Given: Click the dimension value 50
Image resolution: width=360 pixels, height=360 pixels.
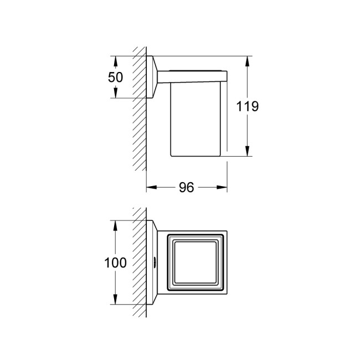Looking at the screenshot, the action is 116,77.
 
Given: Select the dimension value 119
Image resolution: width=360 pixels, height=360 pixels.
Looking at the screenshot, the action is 247,106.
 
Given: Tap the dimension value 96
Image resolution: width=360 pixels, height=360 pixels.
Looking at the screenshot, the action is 187,188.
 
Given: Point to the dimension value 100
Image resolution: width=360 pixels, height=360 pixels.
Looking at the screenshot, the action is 115,263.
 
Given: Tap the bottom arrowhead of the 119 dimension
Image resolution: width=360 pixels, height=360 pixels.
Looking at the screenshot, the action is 247,151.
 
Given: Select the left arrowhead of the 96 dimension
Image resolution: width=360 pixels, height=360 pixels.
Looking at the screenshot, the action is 152,187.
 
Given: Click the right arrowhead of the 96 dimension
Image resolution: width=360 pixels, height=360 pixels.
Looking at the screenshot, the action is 222,187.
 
